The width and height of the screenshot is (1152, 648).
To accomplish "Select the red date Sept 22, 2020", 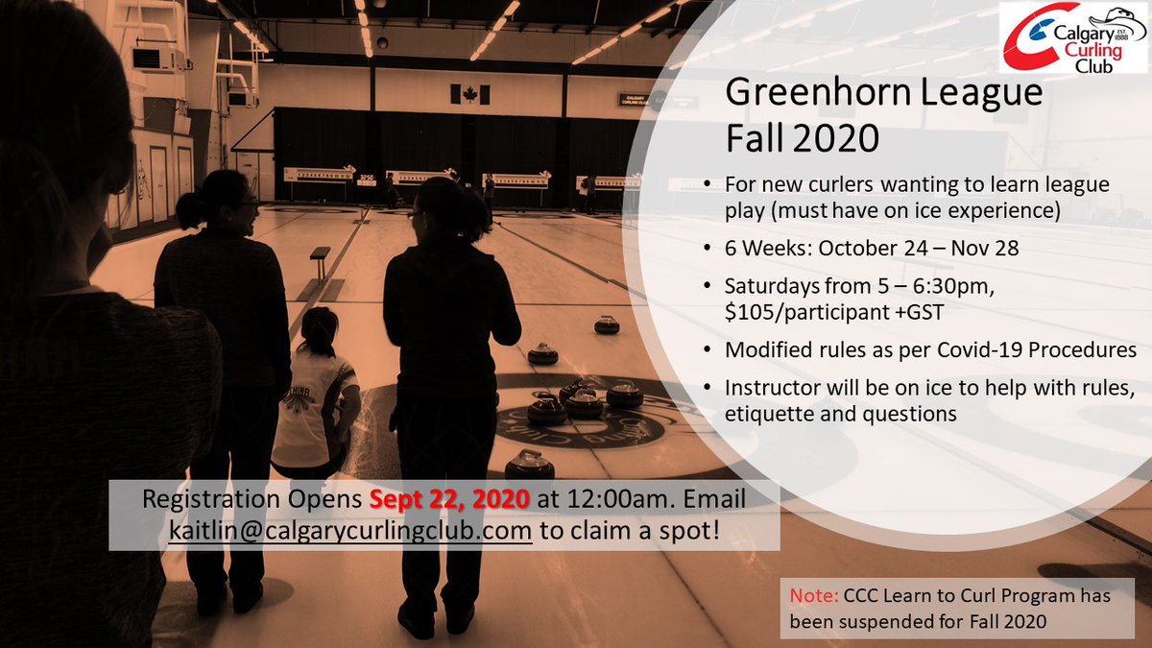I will (449, 500).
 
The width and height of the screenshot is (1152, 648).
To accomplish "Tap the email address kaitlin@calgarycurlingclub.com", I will (349, 531).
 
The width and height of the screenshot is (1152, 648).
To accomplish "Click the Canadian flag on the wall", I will (469, 94).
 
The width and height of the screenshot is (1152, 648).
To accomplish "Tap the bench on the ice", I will (319, 255).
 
